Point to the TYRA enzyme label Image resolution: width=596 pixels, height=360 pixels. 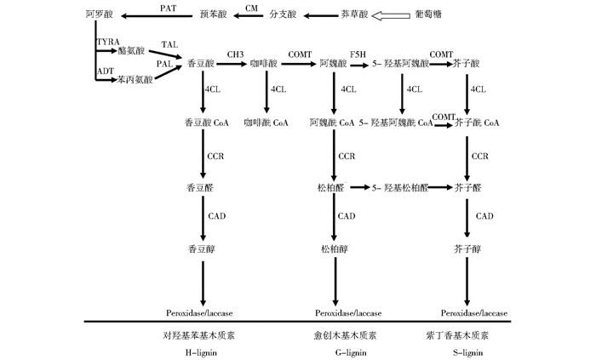tap(108, 41)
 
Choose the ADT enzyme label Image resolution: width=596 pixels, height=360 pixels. tap(106, 72)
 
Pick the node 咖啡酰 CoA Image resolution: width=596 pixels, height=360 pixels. tap(266, 123)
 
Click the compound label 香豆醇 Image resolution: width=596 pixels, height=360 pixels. tap(202, 249)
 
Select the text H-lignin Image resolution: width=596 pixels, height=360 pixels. tap(203, 350)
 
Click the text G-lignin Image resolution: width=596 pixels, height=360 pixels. tap(333, 350)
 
